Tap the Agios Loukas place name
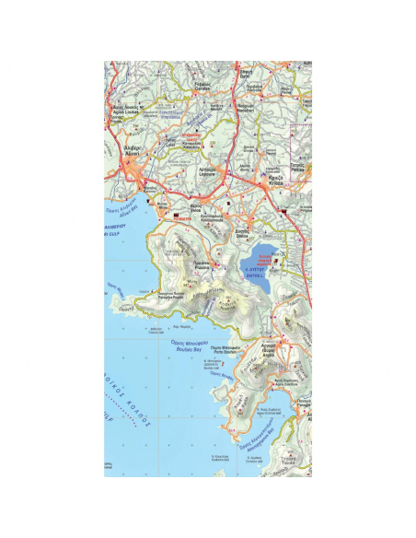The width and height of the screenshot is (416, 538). point(130,110)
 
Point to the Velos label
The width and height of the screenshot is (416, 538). point(183,209)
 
